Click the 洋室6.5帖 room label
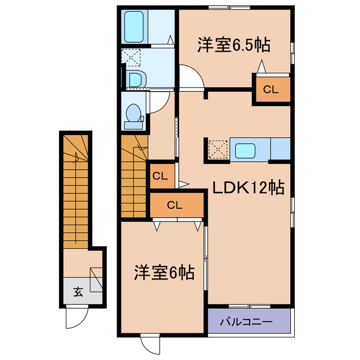(233, 46)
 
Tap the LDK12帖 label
(247, 188)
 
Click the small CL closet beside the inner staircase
(160, 176)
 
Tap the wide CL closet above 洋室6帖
(175, 205)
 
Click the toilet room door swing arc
(159, 101)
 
